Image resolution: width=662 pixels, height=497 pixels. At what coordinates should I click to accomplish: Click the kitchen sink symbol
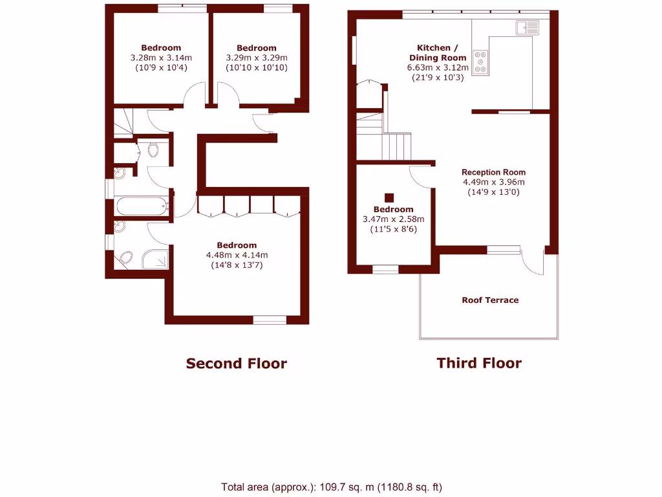(x=526, y=27)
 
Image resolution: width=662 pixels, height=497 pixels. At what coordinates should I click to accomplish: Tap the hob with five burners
(x=480, y=62)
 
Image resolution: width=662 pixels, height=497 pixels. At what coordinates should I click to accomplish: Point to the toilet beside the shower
(x=126, y=258)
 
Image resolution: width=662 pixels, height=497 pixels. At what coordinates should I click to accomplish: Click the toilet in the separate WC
(x=153, y=150)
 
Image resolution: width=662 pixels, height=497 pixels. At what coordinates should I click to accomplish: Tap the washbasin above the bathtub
(x=120, y=173)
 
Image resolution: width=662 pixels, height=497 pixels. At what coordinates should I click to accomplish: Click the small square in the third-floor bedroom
(x=389, y=198)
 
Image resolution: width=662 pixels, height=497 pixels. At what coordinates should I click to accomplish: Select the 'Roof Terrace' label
(x=490, y=300)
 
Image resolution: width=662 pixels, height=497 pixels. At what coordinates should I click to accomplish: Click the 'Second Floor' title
(x=236, y=364)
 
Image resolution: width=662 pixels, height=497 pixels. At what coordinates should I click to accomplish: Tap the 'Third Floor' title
(x=478, y=363)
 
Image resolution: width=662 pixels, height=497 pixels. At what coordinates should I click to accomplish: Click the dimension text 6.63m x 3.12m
(x=438, y=67)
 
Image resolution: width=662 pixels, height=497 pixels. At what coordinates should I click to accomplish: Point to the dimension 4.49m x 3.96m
(x=493, y=182)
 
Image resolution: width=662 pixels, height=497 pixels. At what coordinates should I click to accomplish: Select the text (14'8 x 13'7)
(x=237, y=265)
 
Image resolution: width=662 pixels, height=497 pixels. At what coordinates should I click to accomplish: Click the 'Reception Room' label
(x=493, y=172)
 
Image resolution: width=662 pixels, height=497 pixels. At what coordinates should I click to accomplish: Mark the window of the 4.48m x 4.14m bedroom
(x=270, y=319)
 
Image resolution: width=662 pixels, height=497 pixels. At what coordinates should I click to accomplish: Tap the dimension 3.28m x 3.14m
(x=161, y=58)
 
